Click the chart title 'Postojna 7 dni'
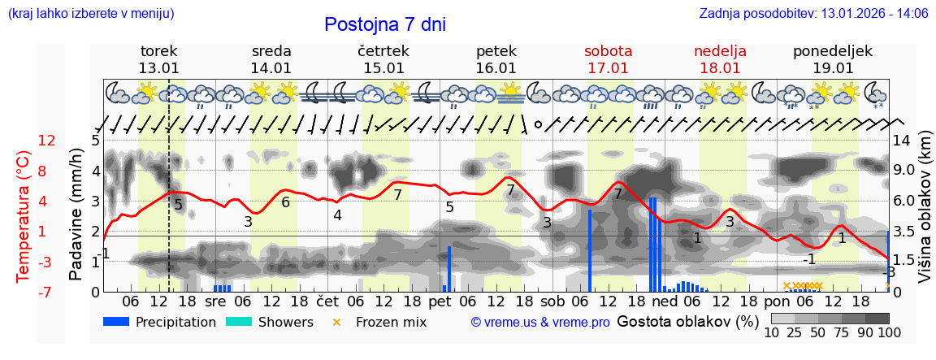tap(385, 24)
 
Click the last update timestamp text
tap(813, 14)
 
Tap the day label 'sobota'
tap(608, 50)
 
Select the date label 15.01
tap(383, 68)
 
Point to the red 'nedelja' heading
tap(720, 50)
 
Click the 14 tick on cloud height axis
tap(903, 141)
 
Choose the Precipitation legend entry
tap(160, 322)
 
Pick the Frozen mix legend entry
tap(381, 322)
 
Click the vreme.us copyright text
tap(540, 323)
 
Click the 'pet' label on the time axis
tap(440, 301)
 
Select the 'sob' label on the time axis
tap(552, 301)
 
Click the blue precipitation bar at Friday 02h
tap(449, 269)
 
